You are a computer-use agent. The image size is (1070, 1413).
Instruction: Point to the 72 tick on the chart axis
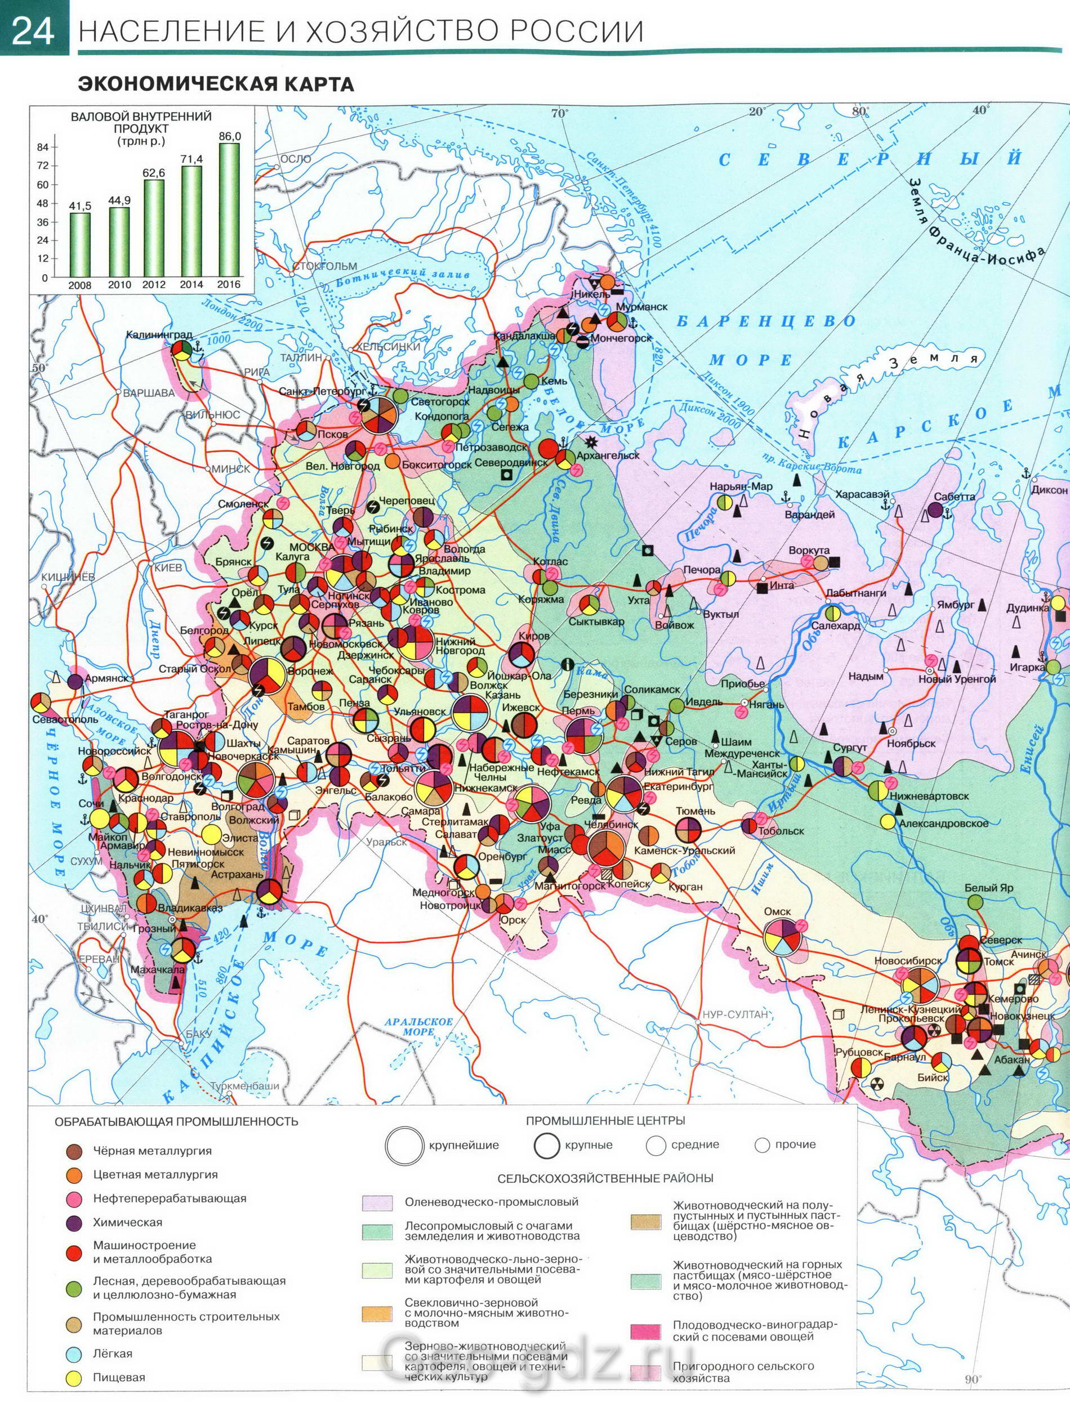point(43,166)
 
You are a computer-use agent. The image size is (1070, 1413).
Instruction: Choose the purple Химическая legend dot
point(75,1223)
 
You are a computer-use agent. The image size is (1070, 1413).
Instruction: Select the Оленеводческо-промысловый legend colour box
point(377,1203)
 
